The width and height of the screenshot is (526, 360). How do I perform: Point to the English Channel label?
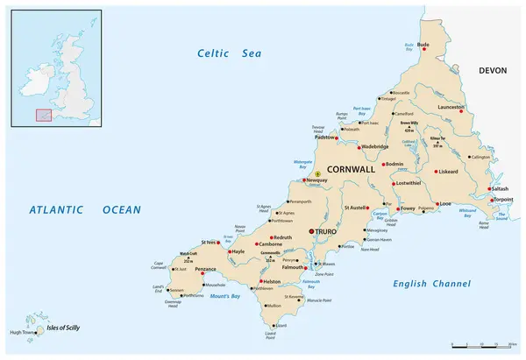tap(432, 283)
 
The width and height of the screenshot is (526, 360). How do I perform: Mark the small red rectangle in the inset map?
tap(43, 114)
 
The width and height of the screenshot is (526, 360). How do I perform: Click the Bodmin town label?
tap(394, 164)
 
